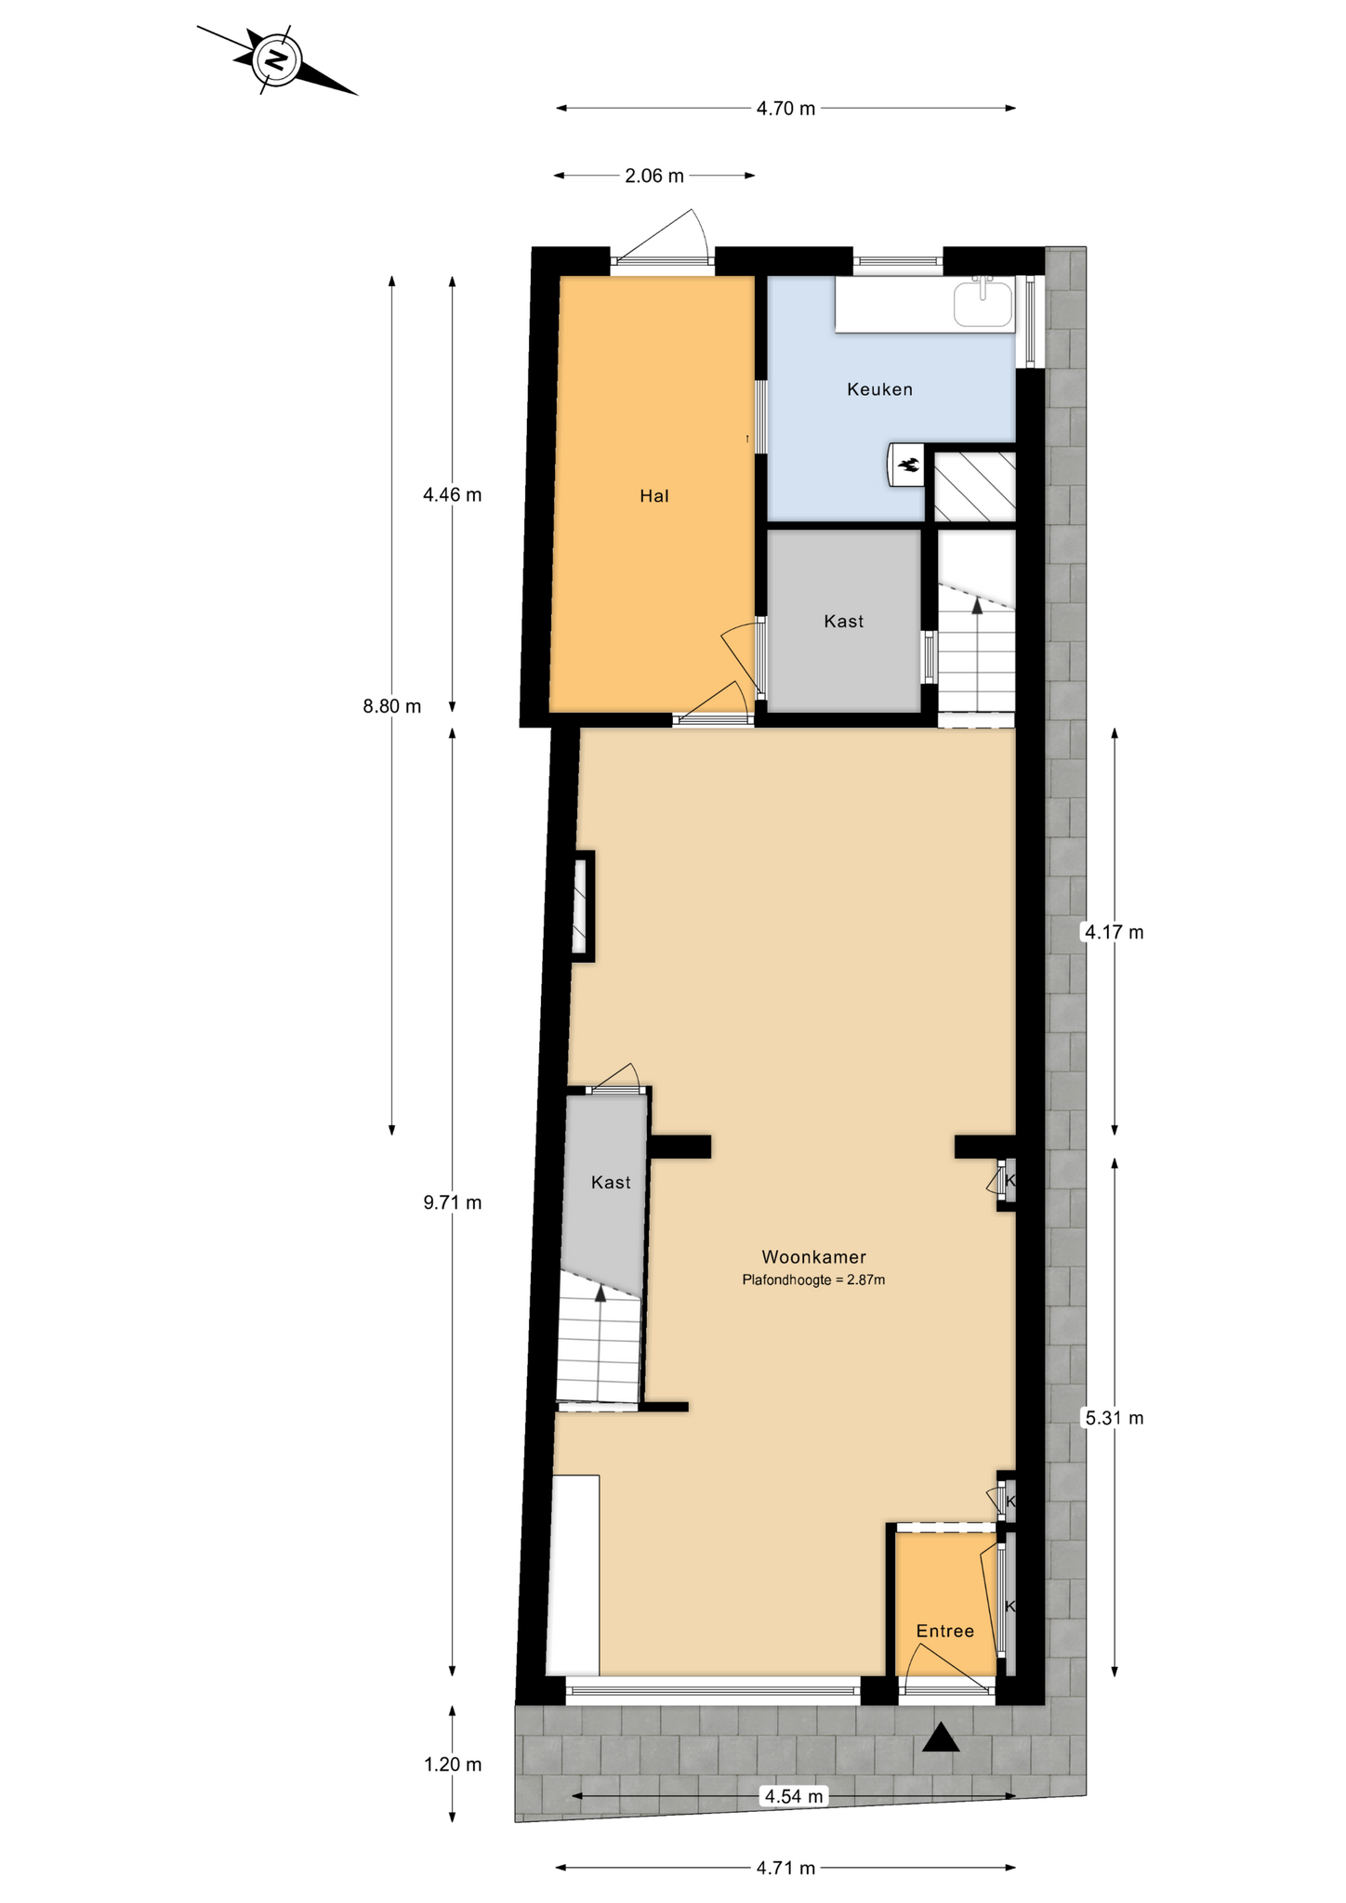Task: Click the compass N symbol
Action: [x=276, y=60]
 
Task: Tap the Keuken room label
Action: [x=879, y=389]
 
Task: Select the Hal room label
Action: [x=654, y=496]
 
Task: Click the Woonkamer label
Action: [x=814, y=1257]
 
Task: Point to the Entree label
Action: [x=945, y=1631]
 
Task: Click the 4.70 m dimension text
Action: [x=785, y=109]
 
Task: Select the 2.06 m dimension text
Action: [x=654, y=176]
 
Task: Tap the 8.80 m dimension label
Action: [x=392, y=706]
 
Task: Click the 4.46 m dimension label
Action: [x=453, y=495]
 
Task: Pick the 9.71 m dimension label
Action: [x=453, y=1202]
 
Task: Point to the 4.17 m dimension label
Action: [x=1115, y=932]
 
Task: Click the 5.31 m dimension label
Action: [x=1115, y=1418]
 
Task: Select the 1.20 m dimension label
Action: [x=453, y=1765]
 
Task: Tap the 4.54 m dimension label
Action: [x=794, y=1796]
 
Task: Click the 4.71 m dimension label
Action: [x=785, y=1868]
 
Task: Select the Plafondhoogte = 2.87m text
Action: [x=813, y=1280]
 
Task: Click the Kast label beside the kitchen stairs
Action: [x=844, y=622]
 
